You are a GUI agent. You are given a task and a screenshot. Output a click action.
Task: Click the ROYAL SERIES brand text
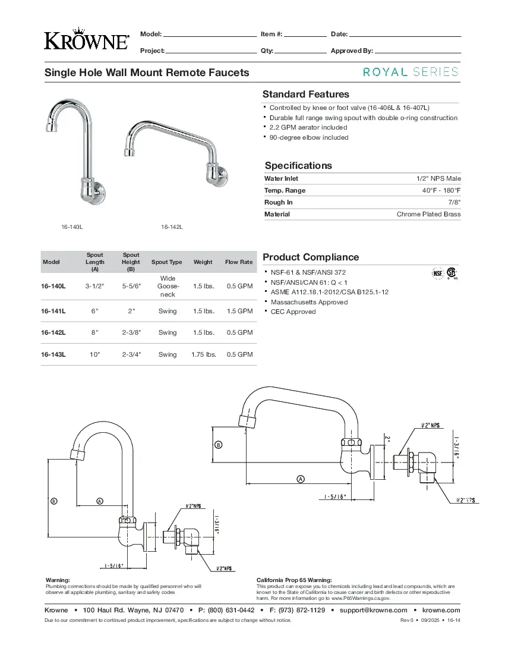coord(411,72)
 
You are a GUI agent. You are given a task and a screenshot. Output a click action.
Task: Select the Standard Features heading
coord(305,95)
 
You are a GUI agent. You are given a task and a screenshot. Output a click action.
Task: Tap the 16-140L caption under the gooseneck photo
coord(71,227)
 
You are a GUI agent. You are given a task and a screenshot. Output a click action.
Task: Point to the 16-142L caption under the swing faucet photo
coord(172,227)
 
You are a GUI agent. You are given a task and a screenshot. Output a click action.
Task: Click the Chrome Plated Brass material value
coord(428,214)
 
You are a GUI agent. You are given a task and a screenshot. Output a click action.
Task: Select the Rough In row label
coord(278,202)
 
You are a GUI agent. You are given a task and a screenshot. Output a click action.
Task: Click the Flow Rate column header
coord(239,262)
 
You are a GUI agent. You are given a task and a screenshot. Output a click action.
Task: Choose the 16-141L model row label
coord(53,311)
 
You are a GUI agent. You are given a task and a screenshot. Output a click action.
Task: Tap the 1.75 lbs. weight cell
coord(203,354)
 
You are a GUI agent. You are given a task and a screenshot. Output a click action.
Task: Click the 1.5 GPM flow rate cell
coord(240,311)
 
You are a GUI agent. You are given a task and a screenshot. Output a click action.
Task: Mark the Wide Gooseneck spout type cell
coord(168,286)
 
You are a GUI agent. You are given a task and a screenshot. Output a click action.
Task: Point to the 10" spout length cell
coord(94,354)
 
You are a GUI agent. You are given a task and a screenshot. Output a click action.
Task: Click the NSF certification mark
coord(438,273)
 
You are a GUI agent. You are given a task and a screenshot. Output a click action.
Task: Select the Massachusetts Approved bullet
coord(309,302)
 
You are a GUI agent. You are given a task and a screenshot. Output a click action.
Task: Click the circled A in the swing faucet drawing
coord(301,479)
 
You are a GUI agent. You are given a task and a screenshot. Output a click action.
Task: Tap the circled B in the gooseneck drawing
coord(54,501)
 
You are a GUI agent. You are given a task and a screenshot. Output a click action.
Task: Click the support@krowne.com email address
coord(373,610)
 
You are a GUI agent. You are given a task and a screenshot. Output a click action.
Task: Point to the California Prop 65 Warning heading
coord(294,580)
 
